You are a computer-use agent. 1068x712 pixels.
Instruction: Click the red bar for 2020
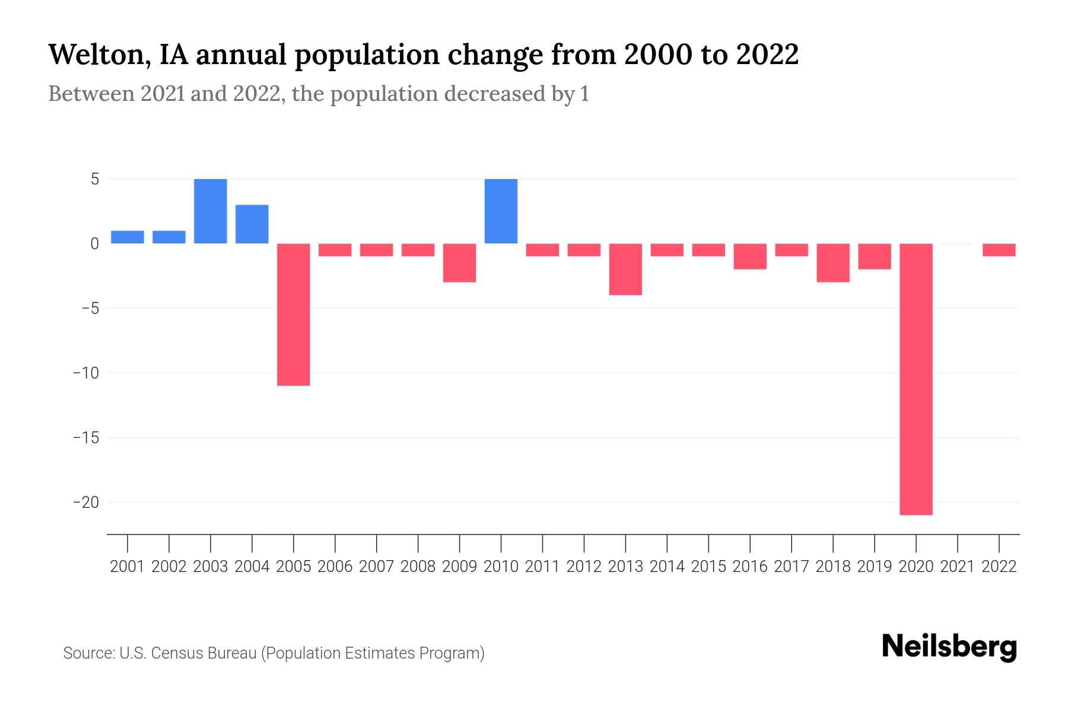[916, 379]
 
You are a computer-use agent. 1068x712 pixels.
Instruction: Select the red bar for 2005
[294, 314]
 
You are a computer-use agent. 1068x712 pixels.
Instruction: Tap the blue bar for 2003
[211, 211]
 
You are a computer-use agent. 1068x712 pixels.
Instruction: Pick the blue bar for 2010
[501, 211]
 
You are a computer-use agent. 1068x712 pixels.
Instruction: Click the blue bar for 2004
[252, 224]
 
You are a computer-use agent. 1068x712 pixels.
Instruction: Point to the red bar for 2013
[625, 269]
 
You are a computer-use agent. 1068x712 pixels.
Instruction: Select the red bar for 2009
[460, 262]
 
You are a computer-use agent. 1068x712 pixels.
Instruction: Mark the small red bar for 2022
[999, 250]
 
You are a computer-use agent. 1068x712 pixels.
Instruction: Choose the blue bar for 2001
[128, 237]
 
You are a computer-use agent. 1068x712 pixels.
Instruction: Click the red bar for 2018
[833, 262]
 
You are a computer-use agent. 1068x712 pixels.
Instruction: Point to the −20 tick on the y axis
[86, 503]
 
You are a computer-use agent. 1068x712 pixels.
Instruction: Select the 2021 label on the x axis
[958, 567]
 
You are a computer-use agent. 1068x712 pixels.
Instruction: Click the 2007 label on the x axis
[377, 567]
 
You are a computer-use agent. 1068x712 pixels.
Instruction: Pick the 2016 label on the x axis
[750, 567]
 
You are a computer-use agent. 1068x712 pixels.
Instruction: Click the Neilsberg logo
[949, 647]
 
